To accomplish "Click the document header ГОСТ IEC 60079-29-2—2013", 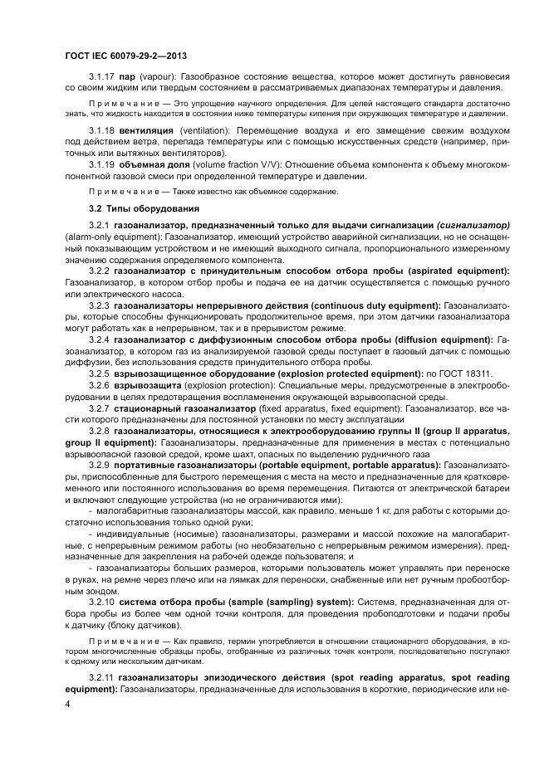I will point(125,55).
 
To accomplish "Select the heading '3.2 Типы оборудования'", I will point(142,207).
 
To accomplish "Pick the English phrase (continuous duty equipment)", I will point(371,305).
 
